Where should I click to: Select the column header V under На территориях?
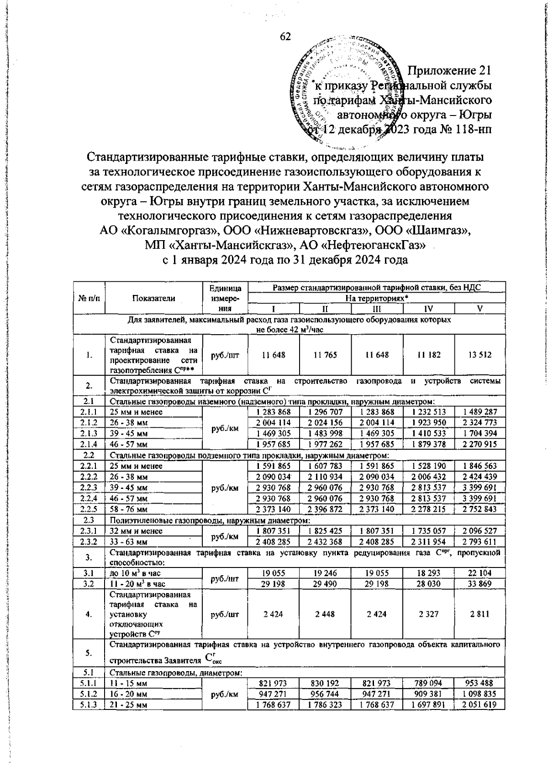[479, 309]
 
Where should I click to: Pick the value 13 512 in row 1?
[479, 354]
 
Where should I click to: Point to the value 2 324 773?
[479, 422]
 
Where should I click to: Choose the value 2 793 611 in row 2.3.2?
[479, 542]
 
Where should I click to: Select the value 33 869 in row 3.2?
[479, 583]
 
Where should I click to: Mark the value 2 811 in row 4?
[479, 614]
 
